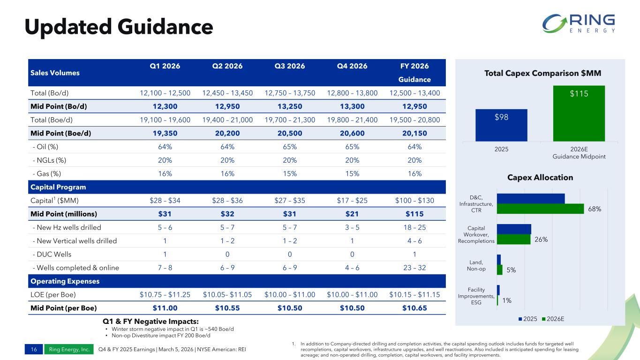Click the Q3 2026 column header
(x=290, y=66)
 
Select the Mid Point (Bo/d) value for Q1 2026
(x=165, y=106)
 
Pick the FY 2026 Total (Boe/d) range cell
(x=414, y=120)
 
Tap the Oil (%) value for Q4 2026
(x=352, y=147)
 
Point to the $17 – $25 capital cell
(x=352, y=201)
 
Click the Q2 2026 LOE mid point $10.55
(x=227, y=308)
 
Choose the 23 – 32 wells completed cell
(x=414, y=268)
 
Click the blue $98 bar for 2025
(x=501, y=125)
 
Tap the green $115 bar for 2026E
(x=579, y=113)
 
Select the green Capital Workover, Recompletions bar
(x=513, y=239)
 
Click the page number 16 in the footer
(x=34, y=350)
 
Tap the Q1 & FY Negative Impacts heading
(x=151, y=321)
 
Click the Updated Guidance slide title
(x=119, y=27)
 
